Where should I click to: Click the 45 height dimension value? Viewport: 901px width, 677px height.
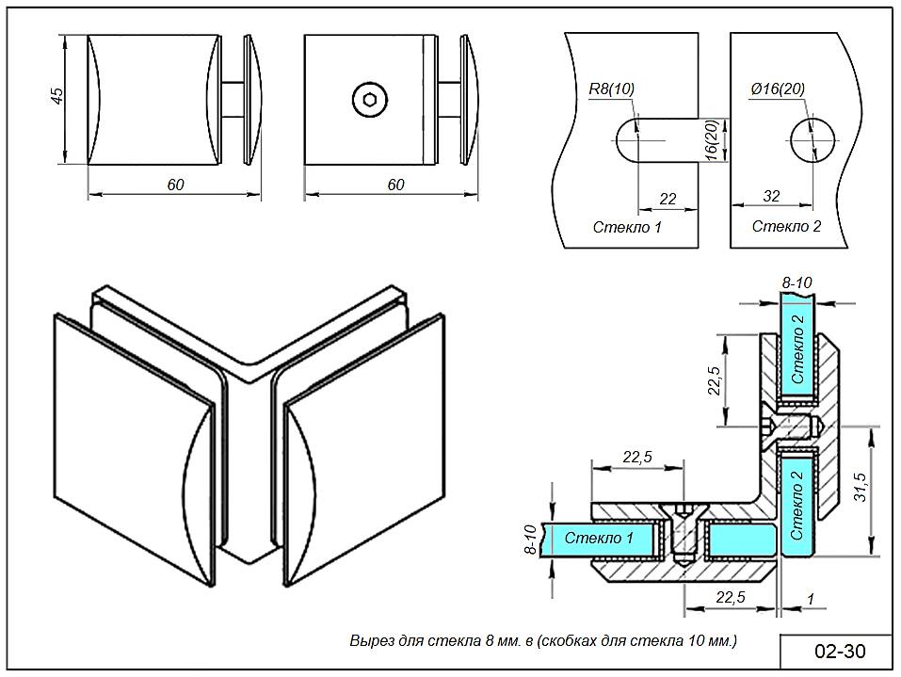57,97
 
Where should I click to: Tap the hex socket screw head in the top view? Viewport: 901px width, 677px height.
368,99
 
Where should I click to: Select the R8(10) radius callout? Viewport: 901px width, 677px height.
611,89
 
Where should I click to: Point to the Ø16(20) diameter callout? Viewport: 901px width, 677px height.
779,89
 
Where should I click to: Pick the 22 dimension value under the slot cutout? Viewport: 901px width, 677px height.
668,198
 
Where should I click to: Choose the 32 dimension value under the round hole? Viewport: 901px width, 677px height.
771,196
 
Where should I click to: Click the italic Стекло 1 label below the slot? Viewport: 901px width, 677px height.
628,227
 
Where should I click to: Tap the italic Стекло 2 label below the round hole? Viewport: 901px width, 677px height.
787,226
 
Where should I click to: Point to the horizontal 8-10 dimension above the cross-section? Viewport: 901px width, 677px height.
796,282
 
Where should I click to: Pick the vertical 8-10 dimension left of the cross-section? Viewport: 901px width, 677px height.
529,539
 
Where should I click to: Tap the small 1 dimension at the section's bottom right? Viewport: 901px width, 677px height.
810,598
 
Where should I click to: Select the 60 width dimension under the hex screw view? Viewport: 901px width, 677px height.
395,185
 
